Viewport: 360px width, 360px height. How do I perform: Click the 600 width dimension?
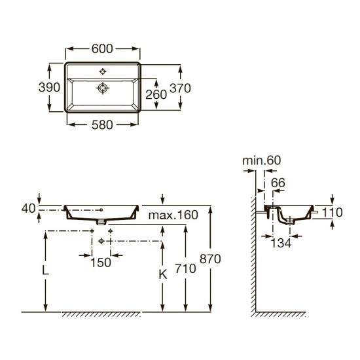(x=102, y=48)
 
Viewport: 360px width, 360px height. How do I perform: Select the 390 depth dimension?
(x=49, y=87)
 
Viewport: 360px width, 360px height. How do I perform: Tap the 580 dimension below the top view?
(x=102, y=125)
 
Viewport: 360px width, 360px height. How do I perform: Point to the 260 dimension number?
(x=156, y=95)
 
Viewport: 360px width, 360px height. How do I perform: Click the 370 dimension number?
(x=180, y=88)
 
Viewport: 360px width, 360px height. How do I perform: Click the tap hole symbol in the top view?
(x=103, y=71)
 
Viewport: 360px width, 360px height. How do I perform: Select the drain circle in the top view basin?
(x=103, y=88)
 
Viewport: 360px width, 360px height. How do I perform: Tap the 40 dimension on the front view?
(x=28, y=208)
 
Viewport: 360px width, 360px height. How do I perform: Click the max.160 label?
(x=173, y=215)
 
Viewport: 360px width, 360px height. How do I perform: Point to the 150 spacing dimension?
(x=101, y=262)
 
